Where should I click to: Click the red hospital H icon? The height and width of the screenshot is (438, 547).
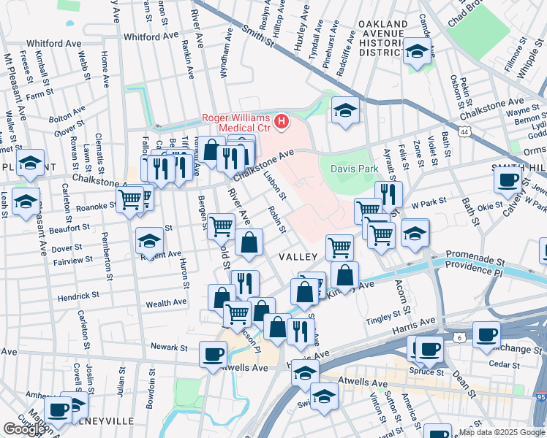282,120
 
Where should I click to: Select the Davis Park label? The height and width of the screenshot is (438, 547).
354,169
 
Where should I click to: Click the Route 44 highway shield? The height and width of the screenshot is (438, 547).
465,131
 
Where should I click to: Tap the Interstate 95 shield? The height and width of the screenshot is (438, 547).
540,397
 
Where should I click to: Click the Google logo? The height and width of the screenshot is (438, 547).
23,429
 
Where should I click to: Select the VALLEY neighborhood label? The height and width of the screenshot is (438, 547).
298,257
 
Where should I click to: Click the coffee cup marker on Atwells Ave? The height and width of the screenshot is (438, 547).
213,354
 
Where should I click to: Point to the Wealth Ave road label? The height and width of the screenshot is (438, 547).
166,303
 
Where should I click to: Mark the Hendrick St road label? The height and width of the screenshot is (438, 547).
78,296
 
